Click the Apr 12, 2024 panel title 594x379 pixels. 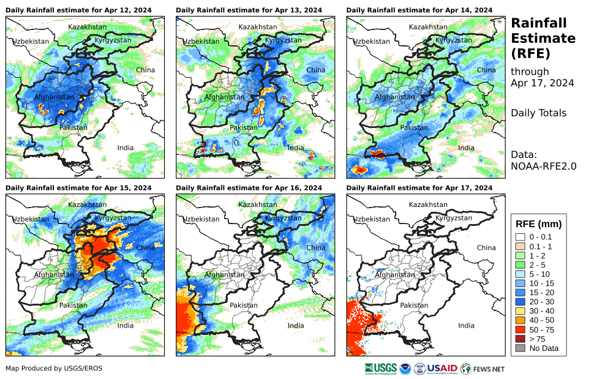tap(78, 10)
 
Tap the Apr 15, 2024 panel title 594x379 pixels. tap(78, 188)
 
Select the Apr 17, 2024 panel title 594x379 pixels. tap(419, 188)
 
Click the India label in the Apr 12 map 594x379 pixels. tap(126, 148)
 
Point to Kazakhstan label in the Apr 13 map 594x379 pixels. tap(258, 27)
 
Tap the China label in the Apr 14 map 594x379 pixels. tap(486, 70)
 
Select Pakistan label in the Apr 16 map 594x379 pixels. tap(244, 305)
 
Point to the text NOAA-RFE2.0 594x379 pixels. tap(543, 165)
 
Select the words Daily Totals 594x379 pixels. tap(538, 113)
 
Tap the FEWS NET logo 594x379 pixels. tap(483, 369)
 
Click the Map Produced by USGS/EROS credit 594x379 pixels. tap(54, 368)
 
